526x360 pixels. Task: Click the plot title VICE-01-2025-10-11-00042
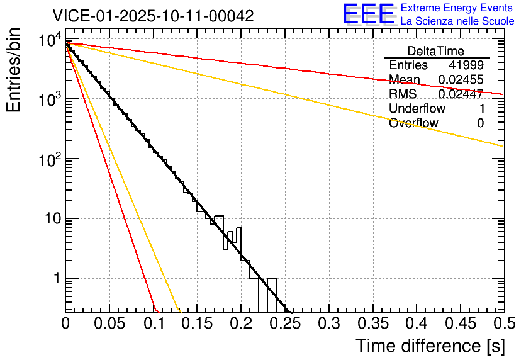pos(153,16)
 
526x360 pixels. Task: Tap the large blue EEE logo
pos(368,14)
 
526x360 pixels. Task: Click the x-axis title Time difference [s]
pos(430,346)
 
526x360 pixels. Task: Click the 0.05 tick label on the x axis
pos(109,323)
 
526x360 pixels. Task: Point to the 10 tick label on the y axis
pos(48,219)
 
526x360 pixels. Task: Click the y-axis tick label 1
pos(55,278)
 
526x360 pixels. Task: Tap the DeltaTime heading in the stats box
pos(436,51)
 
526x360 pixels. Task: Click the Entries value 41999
pos(466,65)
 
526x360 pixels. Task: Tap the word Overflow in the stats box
pos(413,123)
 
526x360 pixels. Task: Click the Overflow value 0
pos(480,123)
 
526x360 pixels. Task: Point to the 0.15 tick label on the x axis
pos(198,323)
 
